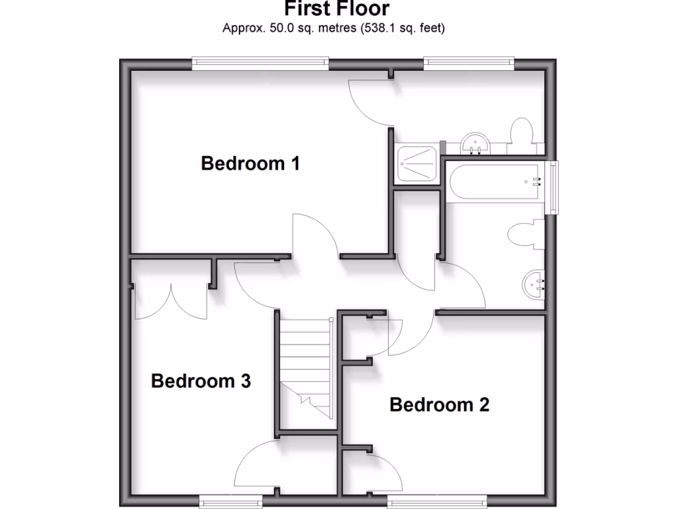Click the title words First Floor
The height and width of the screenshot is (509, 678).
337,9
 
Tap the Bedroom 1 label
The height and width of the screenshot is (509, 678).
250,163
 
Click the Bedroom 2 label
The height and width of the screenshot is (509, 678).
439,404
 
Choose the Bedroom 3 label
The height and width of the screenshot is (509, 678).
201,381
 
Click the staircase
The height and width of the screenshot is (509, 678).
305,368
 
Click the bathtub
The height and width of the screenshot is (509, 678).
497,180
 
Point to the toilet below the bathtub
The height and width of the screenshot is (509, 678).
524,234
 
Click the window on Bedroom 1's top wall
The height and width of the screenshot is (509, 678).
260,64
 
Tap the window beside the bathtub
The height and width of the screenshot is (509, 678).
552,187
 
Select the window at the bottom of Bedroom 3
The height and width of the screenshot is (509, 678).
231,500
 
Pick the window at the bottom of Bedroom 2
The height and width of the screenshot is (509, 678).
436,500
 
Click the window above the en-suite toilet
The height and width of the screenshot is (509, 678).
469,64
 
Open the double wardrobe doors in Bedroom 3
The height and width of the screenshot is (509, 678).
171,302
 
